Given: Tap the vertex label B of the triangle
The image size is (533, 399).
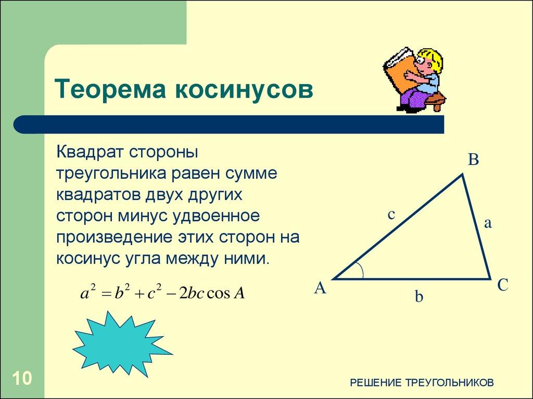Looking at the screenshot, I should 473,160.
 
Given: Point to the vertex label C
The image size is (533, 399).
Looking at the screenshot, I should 502,285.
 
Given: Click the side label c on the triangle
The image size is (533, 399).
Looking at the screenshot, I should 391,214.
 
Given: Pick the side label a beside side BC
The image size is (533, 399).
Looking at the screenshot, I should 488,223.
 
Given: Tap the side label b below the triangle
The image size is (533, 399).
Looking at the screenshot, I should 419,297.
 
